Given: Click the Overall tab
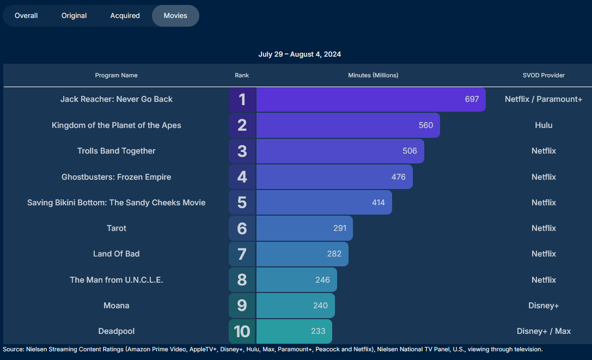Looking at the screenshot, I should [x=26, y=16].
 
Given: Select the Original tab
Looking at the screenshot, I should [x=74, y=16].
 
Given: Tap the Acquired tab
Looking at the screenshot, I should [x=125, y=16].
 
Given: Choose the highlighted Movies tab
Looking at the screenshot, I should [x=175, y=16].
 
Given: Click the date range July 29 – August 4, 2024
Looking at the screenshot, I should [x=300, y=54].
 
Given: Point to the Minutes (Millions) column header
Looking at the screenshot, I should [x=373, y=75].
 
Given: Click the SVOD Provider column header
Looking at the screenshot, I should [x=544, y=75].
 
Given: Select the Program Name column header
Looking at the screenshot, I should [x=116, y=75].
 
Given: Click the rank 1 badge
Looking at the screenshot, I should [x=242, y=100].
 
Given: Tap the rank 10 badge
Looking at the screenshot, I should [x=242, y=331].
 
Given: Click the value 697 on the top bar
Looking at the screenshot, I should [x=472, y=99].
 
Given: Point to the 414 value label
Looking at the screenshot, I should [x=379, y=203].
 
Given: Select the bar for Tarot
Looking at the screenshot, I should [x=304, y=228].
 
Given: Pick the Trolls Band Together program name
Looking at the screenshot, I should [x=117, y=151].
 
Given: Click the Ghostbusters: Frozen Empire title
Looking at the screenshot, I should [x=117, y=177].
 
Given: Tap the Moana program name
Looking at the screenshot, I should [x=117, y=306].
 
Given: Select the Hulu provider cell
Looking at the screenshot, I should [x=544, y=125].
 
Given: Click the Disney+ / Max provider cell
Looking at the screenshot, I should [x=544, y=331].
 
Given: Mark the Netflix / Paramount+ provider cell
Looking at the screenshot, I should [x=544, y=99].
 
